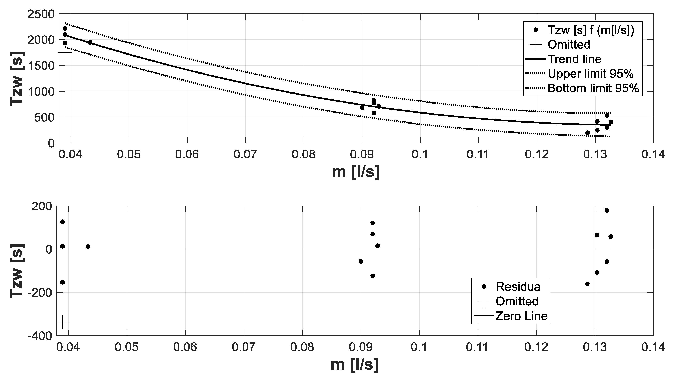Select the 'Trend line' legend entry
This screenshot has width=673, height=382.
tap(574, 59)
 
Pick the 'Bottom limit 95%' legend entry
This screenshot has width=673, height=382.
tap(593, 88)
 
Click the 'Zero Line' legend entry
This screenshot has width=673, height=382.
tap(521, 316)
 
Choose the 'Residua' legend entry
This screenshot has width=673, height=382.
tap(518, 287)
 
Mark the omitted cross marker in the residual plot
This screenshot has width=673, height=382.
tap(63, 322)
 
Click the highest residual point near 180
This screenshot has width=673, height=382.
tap(607, 210)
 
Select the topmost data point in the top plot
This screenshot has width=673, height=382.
tap(65, 29)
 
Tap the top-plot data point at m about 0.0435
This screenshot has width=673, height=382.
tap(90, 42)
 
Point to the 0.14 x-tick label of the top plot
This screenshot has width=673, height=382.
tap(653, 155)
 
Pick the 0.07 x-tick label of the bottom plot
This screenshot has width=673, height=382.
tap(243, 347)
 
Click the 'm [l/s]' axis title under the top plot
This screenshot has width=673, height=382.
tap(356, 172)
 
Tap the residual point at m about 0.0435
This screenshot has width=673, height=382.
tap(88, 246)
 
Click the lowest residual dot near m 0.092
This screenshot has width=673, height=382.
tap(372, 276)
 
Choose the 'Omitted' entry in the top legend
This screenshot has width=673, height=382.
tap(569, 44)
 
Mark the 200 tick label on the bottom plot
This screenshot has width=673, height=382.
tap(42, 206)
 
